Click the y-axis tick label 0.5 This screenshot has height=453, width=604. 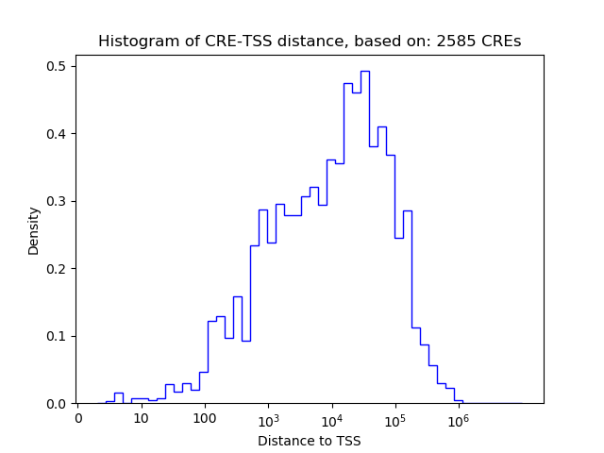click(58, 66)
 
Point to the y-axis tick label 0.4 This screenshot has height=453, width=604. click(58, 134)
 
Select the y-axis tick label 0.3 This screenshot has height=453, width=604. click(58, 201)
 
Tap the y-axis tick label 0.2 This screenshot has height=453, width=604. click(58, 269)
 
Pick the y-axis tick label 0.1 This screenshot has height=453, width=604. click(58, 336)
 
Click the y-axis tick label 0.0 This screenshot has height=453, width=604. click(58, 404)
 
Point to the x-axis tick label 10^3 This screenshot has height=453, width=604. click(268, 418)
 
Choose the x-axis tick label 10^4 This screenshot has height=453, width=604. click(331, 418)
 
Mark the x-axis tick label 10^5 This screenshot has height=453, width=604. click(394, 418)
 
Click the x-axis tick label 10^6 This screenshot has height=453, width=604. click(459, 418)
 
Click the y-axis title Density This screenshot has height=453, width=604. click(34, 229)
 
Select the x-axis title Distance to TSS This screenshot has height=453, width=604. click(310, 440)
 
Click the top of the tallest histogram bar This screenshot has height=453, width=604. click(364, 71)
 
